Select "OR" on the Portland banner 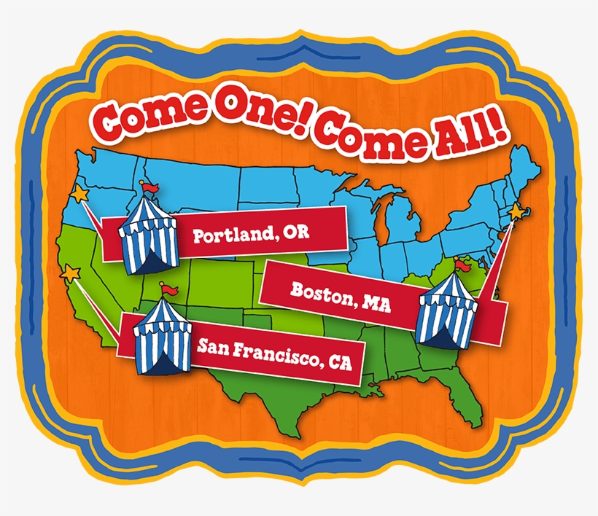[296, 233]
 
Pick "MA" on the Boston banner [376, 302]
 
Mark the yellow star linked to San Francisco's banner [71, 274]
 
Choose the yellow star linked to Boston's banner [517, 211]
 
